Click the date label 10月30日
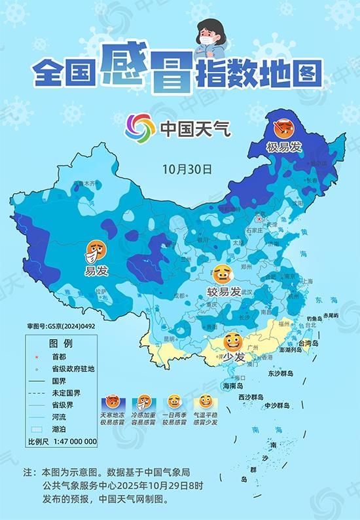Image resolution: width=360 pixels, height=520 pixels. (189, 168)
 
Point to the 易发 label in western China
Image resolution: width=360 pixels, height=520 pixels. (96, 270)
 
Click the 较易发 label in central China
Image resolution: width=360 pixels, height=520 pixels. (224, 291)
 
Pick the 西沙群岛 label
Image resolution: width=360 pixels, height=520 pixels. (251, 398)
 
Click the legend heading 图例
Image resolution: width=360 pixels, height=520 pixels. (60, 343)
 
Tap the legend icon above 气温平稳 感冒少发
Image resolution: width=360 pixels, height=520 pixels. (206, 401)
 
